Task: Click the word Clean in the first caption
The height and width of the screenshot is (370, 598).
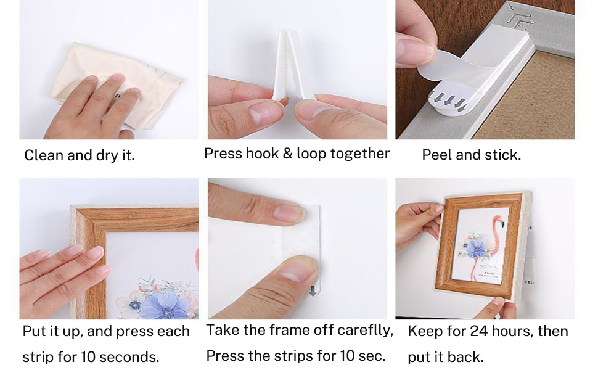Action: (43, 155)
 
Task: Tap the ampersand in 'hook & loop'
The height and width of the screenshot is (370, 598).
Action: (287, 154)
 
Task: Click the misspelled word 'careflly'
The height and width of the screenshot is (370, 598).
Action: (365, 330)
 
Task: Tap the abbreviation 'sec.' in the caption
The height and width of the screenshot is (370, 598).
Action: (371, 356)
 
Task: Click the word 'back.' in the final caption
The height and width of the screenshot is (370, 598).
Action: (468, 357)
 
